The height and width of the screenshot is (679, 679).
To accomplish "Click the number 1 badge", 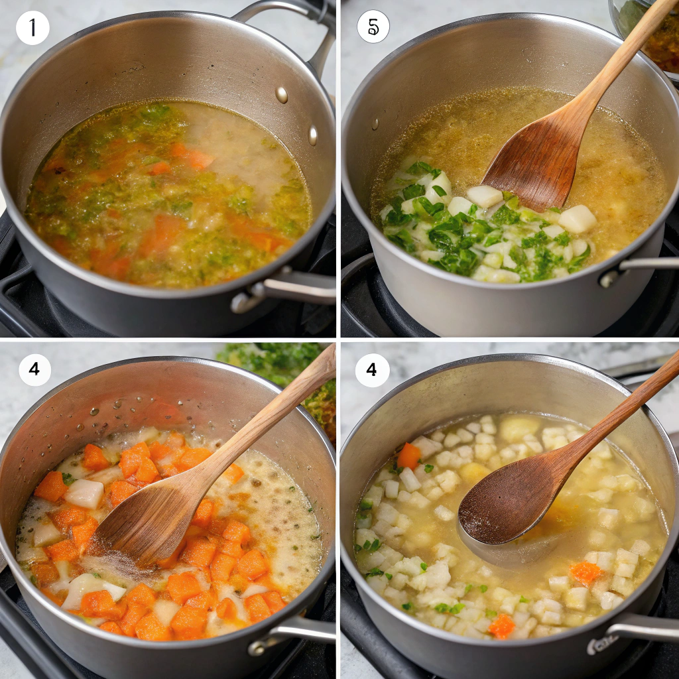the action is click(32, 28).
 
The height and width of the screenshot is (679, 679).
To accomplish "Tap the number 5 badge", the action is click(373, 27).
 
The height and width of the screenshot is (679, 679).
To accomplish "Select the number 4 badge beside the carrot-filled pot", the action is click(34, 369).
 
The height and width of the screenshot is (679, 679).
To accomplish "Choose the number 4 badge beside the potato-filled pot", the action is click(372, 370).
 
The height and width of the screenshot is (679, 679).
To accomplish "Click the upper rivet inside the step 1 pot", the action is click(281, 95).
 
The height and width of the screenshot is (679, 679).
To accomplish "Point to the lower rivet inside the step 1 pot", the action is click(313, 135).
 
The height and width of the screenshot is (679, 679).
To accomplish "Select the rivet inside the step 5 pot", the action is click(375, 124).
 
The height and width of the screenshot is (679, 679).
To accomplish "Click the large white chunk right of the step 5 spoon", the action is click(578, 219).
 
